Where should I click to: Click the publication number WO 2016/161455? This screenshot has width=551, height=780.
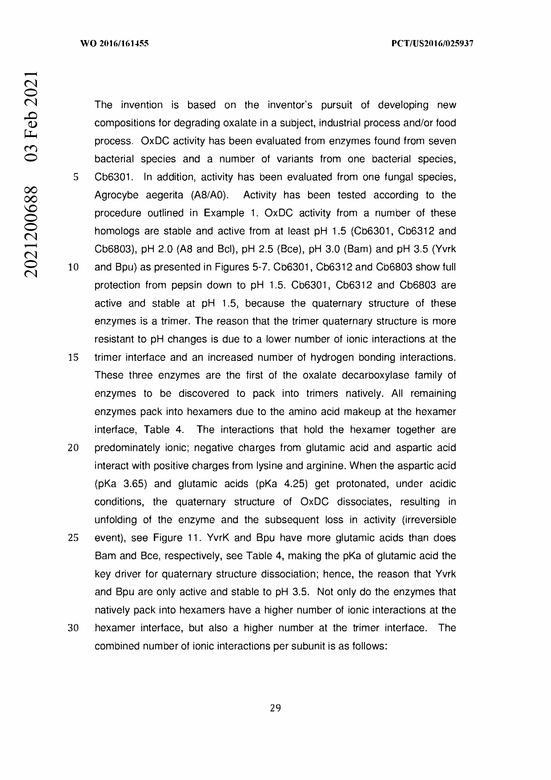(x=114, y=43)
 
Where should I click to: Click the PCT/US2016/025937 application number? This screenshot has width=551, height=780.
(x=432, y=43)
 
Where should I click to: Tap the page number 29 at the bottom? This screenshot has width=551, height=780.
(x=275, y=708)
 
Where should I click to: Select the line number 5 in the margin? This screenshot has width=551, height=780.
(x=76, y=177)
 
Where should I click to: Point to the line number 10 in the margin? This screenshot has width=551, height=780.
(x=73, y=267)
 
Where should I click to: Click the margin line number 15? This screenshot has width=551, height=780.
(x=73, y=357)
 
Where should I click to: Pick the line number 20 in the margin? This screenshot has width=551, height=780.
(x=73, y=448)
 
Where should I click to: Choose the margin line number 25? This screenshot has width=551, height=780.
(x=73, y=538)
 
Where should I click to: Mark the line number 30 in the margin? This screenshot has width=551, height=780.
(x=73, y=628)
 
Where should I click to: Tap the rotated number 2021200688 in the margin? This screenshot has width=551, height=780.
(x=31, y=232)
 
